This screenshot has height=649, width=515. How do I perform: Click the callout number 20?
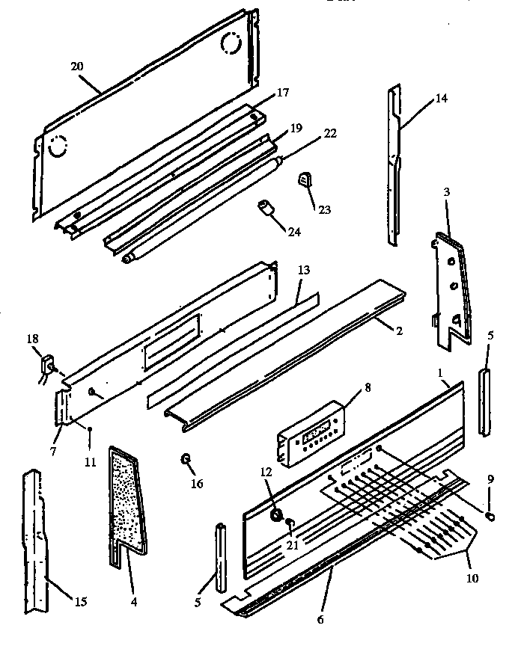coord(76,67)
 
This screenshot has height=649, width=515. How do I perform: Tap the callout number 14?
coord(442,98)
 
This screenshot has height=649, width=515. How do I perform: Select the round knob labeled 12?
coord(277,514)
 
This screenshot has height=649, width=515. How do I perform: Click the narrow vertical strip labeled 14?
coord(393,164)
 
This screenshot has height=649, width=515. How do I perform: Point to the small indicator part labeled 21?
coord(290,521)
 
